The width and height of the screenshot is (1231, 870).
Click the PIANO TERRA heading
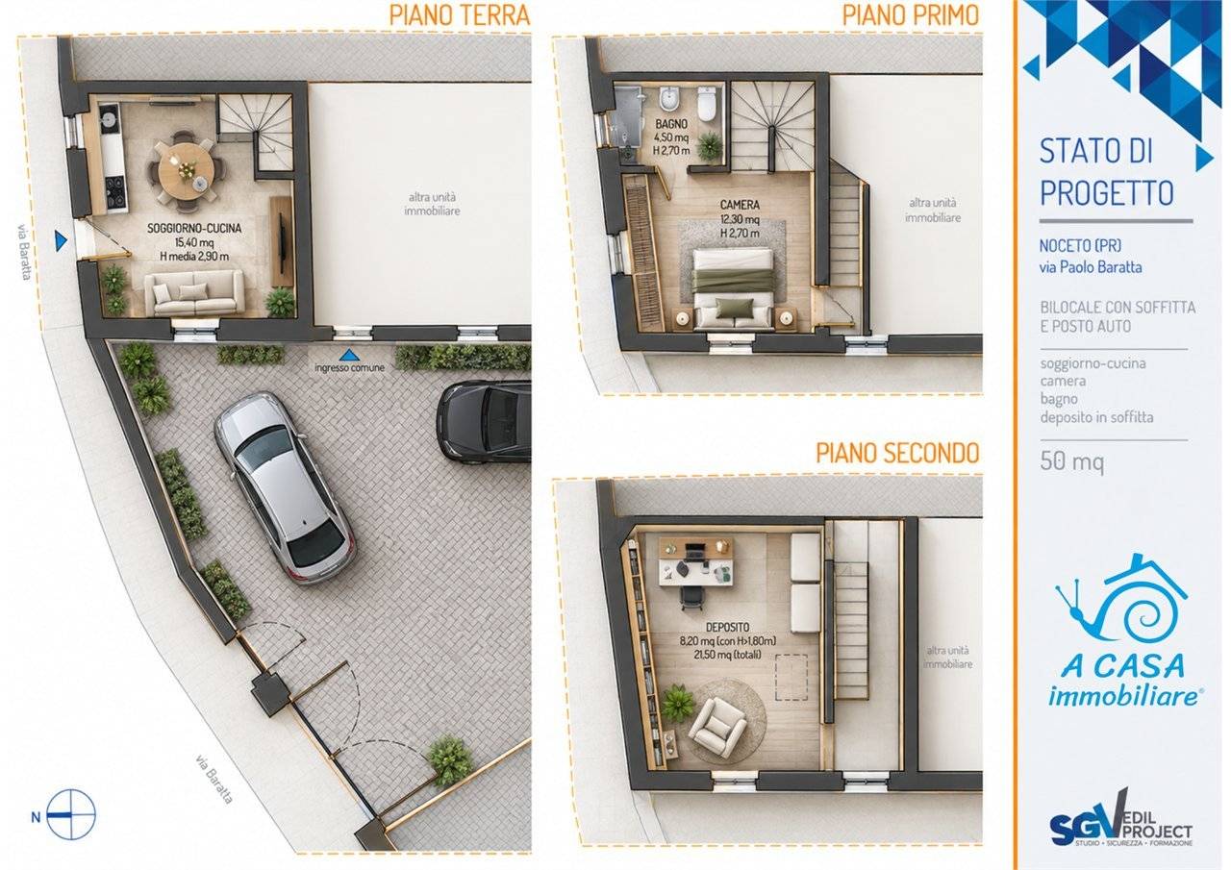460,14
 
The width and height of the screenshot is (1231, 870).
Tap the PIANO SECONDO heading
897,453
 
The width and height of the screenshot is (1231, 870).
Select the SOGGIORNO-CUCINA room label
194,228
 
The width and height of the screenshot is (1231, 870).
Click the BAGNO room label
671,125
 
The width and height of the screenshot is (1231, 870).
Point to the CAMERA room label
740,205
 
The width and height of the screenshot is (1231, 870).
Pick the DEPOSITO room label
728,627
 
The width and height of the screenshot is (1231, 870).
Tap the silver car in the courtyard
285,487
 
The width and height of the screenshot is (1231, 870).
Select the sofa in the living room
194,293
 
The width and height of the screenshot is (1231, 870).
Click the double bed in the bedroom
734,289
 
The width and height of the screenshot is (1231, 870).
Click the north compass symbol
70,815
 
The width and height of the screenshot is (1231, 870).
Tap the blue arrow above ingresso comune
349,355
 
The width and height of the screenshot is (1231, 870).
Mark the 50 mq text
1071,460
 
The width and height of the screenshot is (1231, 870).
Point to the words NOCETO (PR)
1080,245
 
